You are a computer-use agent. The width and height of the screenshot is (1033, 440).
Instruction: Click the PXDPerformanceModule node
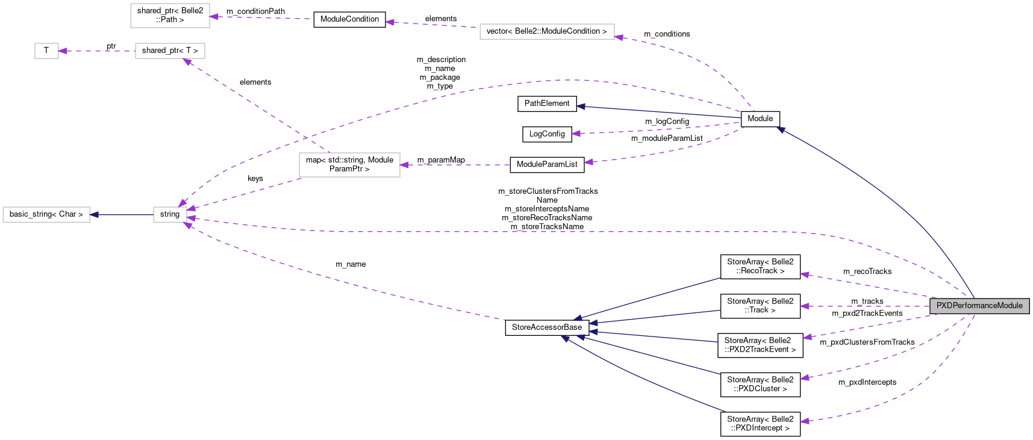pos(979,306)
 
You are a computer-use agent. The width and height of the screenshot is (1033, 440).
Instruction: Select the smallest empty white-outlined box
pos(46,51)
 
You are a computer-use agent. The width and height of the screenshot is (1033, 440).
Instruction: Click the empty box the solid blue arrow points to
pos(46,215)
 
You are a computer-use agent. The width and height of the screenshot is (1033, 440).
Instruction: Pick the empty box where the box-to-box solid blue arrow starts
pos(170,215)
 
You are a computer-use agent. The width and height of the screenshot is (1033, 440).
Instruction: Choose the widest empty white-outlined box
pos(547,32)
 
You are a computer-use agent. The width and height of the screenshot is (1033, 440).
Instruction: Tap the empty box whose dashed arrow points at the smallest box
pos(170,51)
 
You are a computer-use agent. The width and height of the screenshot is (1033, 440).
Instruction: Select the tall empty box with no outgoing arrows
pos(170,16)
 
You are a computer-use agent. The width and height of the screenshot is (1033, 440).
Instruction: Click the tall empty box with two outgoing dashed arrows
pos(349,165)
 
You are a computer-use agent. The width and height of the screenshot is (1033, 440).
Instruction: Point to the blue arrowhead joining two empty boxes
pos(94,215)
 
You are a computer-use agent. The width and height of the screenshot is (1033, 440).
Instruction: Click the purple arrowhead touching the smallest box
pos(63,51)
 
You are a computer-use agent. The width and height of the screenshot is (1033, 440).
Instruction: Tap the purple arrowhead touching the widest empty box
pos(619,37)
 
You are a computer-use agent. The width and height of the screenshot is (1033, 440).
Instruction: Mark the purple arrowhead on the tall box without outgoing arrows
pos(214,17)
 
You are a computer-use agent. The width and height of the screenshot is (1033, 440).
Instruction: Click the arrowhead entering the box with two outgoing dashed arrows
pos(404,165)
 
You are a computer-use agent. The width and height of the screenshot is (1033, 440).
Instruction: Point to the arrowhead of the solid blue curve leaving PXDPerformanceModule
pos(780,129)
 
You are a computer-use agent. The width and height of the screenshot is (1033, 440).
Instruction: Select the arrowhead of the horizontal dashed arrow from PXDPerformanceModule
pos(805,306)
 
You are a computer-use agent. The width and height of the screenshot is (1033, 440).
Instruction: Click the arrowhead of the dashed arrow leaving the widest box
pos(390,22)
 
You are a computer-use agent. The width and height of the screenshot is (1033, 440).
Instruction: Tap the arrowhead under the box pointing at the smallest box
pos(187,61)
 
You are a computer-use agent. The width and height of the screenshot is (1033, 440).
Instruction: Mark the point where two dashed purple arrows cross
pos(305,138)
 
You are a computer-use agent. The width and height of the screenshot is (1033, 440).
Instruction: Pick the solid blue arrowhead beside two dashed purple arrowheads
pos(580,107)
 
